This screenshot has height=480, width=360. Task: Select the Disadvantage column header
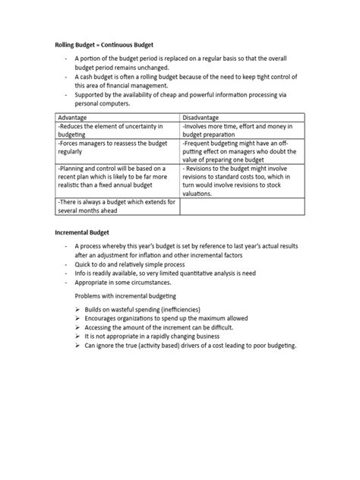(x=204, y=118)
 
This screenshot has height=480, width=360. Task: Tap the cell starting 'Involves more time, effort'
(x=242, y=130)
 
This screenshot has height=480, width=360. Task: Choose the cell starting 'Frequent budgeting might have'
(x=242, y=154)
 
